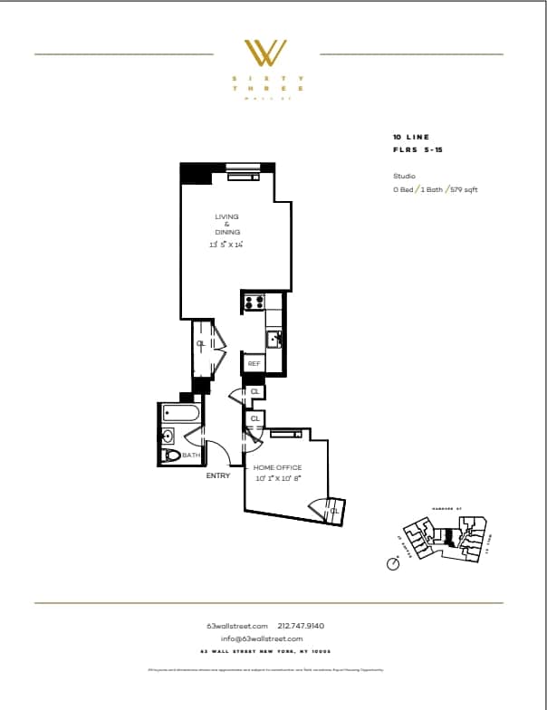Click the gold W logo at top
click(267, 53)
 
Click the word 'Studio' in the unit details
click(403, 176)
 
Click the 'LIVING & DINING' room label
click(227, 224)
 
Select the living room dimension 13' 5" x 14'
click(227, 244)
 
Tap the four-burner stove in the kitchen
click(254, 302)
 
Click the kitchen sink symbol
click(273, 340)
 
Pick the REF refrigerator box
click(254, 363)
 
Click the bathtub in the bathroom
click(181, 413)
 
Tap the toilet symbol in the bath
click(170, 456)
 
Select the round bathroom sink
click(167, 436)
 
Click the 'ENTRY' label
click(218, 475)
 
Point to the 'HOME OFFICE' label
click(277, 467)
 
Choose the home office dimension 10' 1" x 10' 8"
click(277, 477)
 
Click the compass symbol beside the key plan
click(393, 563)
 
